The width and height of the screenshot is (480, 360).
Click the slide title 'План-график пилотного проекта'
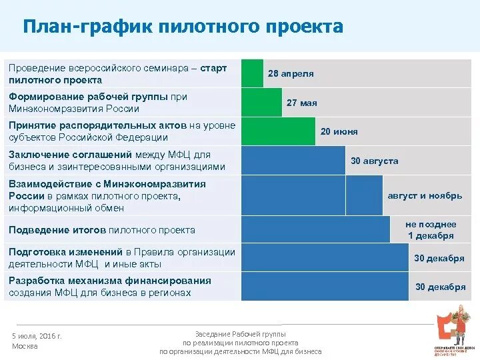pyautogui.click(x=183, y=27)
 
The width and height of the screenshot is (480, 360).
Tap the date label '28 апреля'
pyautogui.click(x=291, y=73)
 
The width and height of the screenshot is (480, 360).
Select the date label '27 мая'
pyautogui.click(x=301, y=103)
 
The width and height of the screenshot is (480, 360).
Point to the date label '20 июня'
pyautogui.click(x=339, y=131)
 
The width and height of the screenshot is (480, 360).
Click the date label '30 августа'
pyautogui.click(x=374, y=161)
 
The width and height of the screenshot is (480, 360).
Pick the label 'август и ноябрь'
pyautogui.click(x=425, y=195)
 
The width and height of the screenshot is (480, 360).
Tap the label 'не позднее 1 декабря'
pyautogui.click(x=430, y=230)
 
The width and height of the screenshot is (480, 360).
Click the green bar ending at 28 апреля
pyautogui.click(x=252, y=73)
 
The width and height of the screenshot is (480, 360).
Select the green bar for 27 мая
pyautogui.click(x=261, y=103)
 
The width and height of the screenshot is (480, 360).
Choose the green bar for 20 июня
pyautogui.click(x=278, y=131)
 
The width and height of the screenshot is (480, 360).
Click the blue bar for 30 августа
pyautogui.click(x=293, y=161)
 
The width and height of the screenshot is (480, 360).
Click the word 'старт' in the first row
pyautogui.click(x=214, y=68)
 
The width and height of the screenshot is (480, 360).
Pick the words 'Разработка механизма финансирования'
pyautogui.click(x=109, y=281)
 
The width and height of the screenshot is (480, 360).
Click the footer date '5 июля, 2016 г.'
pyautogui.click(x=37, y=336)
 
